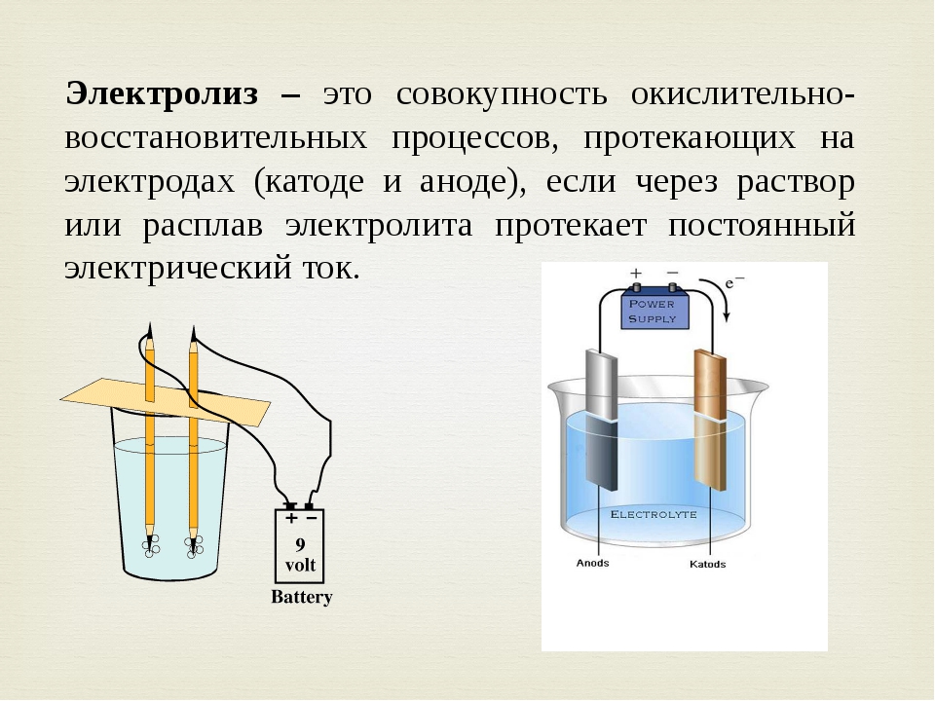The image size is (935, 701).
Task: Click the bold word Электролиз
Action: click(x=162, y=94)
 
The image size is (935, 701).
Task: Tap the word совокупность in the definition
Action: click(x=502, y=94)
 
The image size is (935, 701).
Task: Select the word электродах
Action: click(x=150, y=182)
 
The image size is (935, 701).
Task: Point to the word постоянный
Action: click(x=762, y=225)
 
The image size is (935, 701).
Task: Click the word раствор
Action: click(x=796, y=183)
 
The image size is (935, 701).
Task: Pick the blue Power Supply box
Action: click(x=655, y=310)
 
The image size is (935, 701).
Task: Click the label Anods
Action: click(x=593, y=564)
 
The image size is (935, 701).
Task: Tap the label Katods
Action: click(x=707, y=564)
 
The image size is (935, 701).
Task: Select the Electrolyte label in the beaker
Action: click(x=654, y=514)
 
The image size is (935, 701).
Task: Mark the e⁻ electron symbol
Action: click(x=734, y=281)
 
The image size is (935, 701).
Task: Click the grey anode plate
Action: click(x=601, y=420)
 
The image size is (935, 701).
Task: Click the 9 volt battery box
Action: click(x=299, y=546)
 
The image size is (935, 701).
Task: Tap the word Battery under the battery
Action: click(x=302, y=597)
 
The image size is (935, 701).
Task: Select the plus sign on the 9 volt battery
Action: click(x=291, y=518)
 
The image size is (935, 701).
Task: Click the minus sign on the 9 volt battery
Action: click(x=311, y=518)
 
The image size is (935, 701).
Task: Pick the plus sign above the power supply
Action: click(x=636, y=273)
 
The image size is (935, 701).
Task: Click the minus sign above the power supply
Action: click(x=673, y=273)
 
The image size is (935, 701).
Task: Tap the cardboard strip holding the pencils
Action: click(x=166, y=402)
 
